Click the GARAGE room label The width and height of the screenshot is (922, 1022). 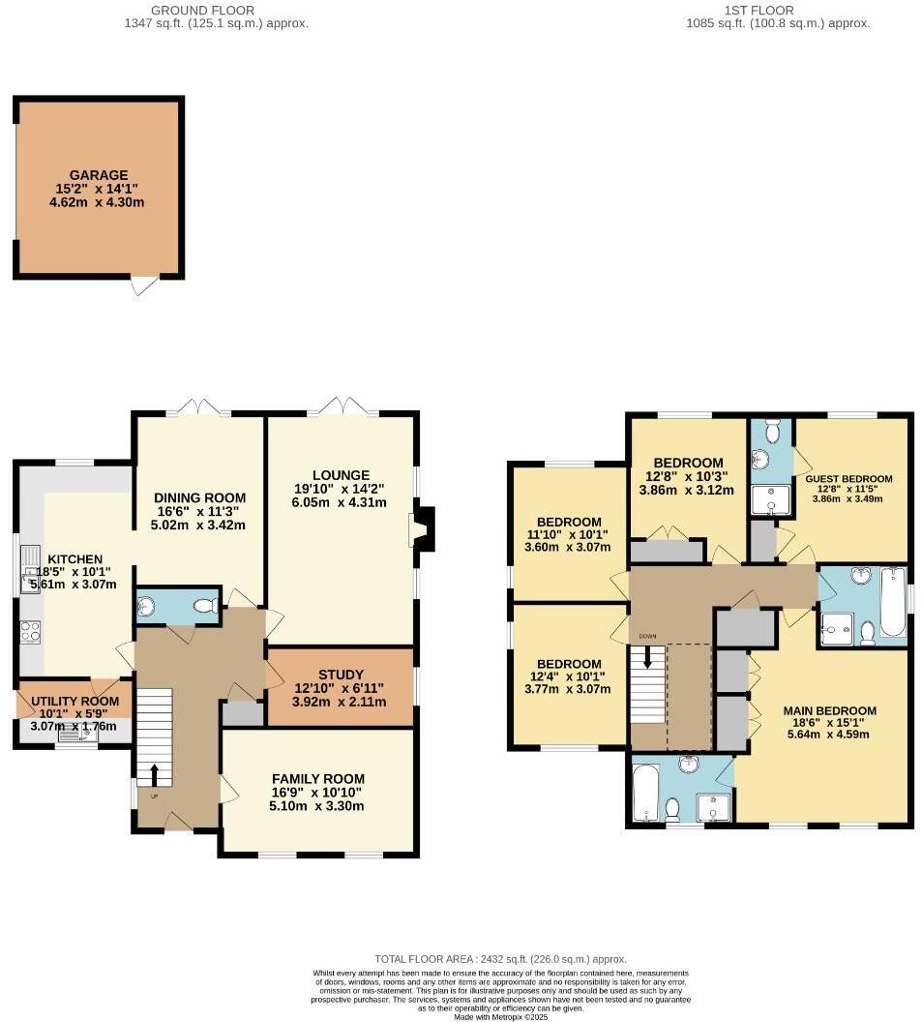98,175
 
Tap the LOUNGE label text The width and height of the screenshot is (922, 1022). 341,474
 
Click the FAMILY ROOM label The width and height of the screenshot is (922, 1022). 317,778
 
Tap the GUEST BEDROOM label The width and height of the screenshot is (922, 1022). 848,479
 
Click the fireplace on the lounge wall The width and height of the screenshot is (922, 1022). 423,526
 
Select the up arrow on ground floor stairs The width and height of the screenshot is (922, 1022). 154,772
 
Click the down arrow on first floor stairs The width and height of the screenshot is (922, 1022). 647,659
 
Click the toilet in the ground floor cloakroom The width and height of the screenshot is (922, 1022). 204,606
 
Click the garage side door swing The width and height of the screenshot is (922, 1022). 143,286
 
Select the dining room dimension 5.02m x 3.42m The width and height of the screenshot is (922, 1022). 198,526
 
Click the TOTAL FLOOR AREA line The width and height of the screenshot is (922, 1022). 493,958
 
